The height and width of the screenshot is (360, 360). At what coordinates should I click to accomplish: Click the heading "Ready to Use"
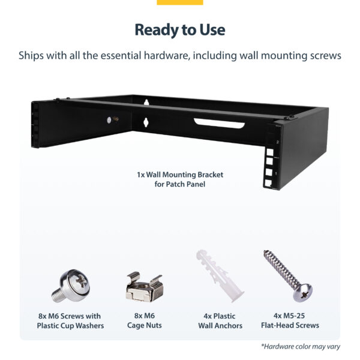coord(180,29)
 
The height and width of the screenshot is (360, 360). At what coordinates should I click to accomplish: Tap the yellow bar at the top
coord(180,2)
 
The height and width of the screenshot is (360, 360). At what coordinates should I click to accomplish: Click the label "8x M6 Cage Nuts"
coord(144,320)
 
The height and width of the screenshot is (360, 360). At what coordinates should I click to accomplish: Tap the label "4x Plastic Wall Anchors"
coord(220,320)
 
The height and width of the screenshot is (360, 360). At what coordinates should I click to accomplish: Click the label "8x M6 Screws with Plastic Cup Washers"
coord(70,320)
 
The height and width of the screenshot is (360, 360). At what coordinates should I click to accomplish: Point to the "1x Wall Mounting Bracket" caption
coord(180,175)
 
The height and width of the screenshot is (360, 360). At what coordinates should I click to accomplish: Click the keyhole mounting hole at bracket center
coord(145,122)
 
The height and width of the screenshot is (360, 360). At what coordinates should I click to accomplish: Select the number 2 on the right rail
coord(278,142)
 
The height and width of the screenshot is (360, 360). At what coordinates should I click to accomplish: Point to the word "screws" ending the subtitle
coord(325,56)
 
